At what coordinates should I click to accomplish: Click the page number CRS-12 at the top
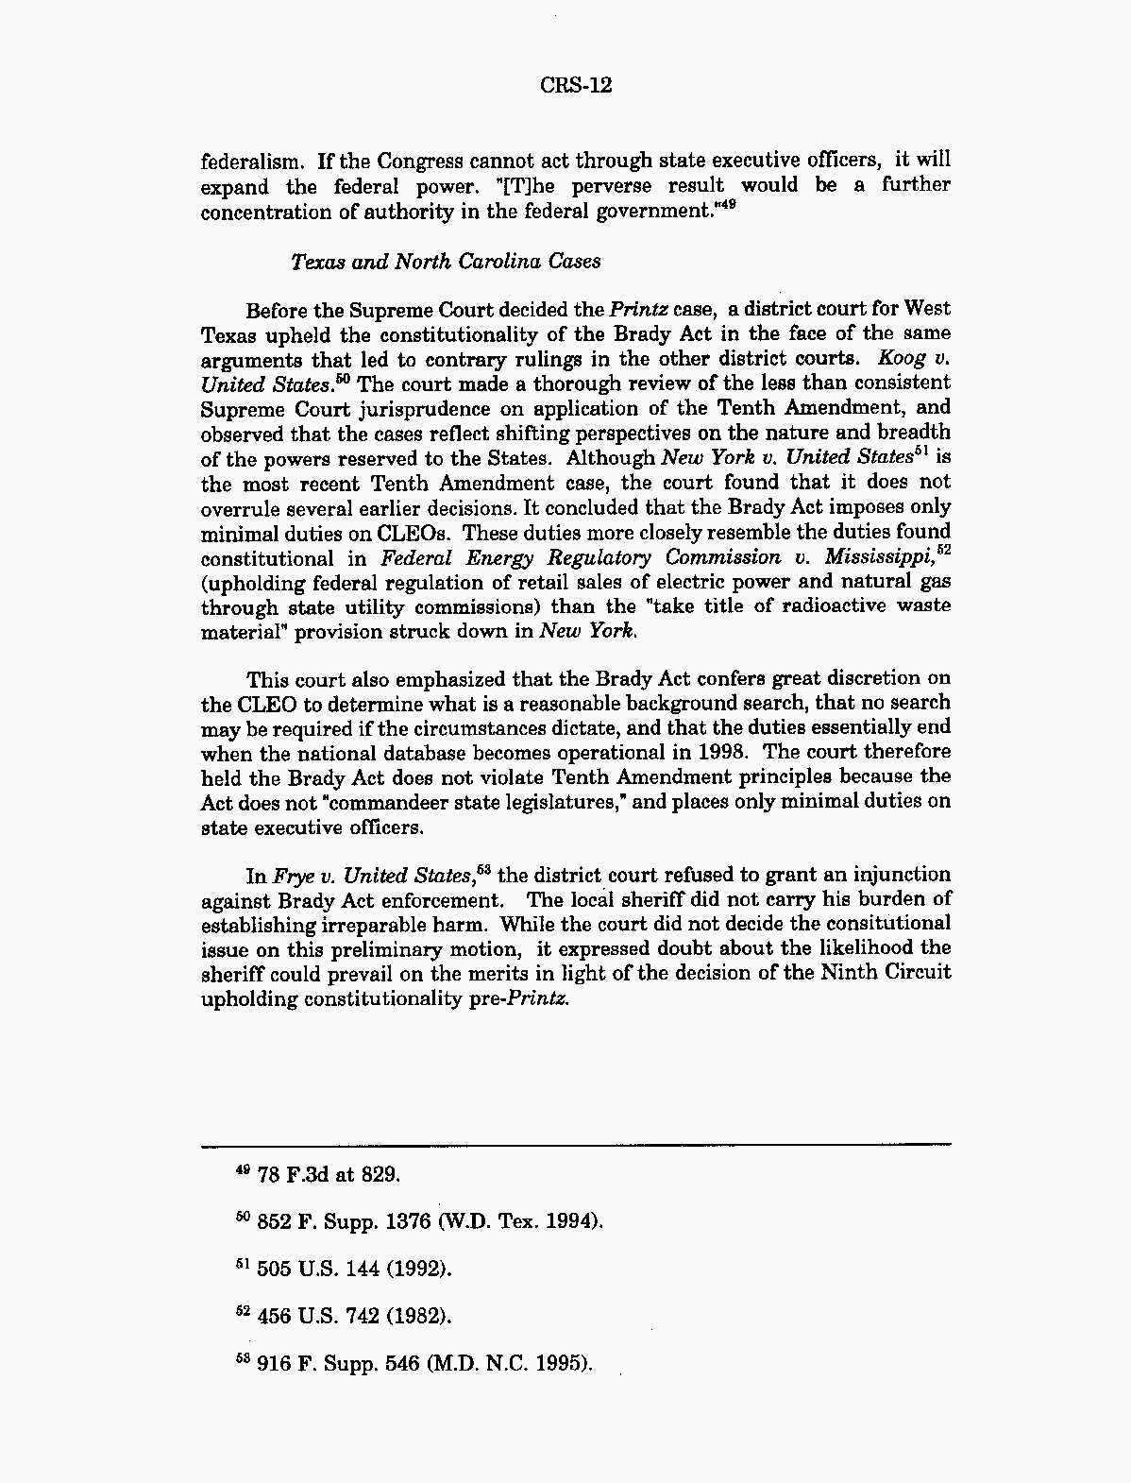tap(576, 86)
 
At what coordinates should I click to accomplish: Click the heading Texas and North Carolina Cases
tap(446, 261)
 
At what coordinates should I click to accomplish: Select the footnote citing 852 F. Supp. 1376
tap(418, 1221)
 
